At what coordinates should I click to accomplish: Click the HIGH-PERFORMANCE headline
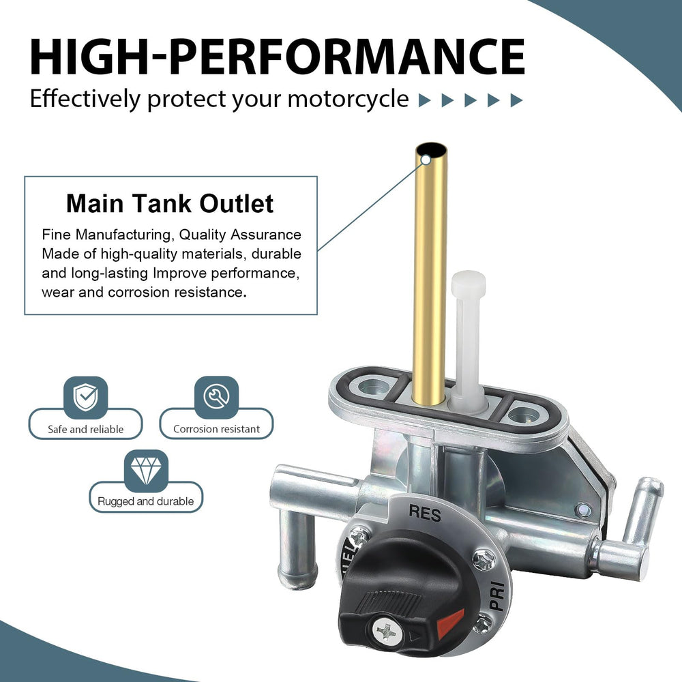click(278, 57)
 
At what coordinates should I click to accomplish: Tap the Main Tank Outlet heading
click(170, 203)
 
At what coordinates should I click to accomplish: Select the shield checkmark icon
click(85, 397)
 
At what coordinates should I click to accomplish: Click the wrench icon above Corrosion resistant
click(216, 397)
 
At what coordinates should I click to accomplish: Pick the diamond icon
click(146, 471)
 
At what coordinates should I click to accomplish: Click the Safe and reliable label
click(86, 429)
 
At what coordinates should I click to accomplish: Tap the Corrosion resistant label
click(216, 429)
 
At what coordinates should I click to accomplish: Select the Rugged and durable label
click(146, 501)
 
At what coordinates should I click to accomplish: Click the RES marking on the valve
click(424, 514)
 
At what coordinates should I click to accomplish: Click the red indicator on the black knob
click(450, 624)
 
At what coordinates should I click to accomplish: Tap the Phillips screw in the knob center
click(386, 631)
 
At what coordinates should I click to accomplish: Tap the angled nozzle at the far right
click(643, 508)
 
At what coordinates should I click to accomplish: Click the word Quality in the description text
click(203, 235)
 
